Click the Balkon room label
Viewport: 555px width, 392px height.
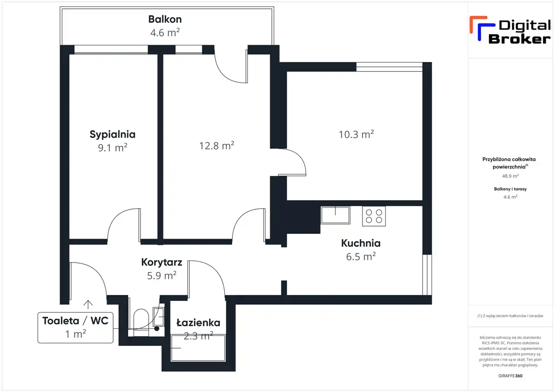click(165, 19)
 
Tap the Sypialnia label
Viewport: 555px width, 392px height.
click(112, 134)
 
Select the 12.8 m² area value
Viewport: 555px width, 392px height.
click(216, 146)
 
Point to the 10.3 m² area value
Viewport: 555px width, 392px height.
click(356, 134)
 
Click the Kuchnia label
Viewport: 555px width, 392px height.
click(361, 243)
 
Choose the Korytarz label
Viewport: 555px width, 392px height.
click(162, 262)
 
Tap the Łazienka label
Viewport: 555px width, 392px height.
click(198, 323)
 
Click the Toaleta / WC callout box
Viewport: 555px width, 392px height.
click(75, 327)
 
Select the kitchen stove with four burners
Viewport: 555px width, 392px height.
click(374, 216)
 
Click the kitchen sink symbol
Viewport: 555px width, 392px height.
click(335, 215)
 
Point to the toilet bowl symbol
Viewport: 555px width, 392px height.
click(141, 322)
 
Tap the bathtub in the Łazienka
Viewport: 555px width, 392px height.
click(198, 348)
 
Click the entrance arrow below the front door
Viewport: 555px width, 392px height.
click(88, 305)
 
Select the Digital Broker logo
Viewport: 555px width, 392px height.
click(510, 30)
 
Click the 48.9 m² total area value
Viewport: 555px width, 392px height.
click(510, 176)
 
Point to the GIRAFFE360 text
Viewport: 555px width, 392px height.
click(510, 376)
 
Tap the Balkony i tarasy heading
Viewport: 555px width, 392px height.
click(510, 189)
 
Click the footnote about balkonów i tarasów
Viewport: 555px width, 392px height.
click(510, 316)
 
